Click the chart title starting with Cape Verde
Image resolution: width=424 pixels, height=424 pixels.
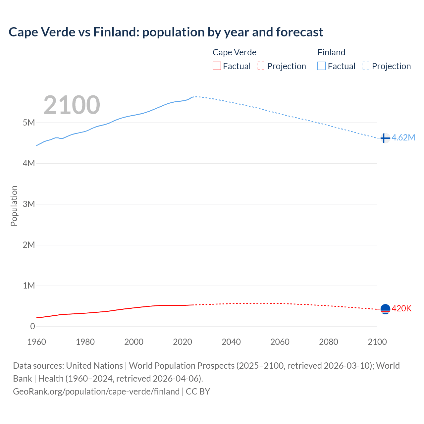pos(166,32)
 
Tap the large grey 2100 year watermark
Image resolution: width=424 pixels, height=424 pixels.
pos(72,105)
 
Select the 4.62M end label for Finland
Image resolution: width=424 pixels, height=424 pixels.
pos(403,137)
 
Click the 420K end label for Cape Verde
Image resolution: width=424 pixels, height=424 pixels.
pos(401,308)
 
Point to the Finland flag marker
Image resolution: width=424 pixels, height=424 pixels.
pos(385,138)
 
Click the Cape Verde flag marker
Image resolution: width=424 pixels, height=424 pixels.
pos(385,309)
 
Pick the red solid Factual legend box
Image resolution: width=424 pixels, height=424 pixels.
pos(217,66)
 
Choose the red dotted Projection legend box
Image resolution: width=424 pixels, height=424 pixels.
pos(261,66)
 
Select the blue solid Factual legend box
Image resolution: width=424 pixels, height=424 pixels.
pos(322,66)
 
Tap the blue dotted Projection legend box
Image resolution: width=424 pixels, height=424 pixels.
pos(366,66)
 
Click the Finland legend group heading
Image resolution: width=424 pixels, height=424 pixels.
pos(331,52)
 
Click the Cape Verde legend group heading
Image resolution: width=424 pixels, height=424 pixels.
pos(234,52)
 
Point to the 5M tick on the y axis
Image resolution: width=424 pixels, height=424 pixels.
pos(29,123)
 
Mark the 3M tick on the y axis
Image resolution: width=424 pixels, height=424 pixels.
pos(29,204)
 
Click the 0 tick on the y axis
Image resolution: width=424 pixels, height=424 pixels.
pos(32,326)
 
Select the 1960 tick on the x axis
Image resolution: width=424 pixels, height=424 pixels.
pos(36,342)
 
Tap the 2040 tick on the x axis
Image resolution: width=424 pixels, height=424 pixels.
pos(231,342)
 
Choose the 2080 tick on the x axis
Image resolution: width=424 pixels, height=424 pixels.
pos(329,342)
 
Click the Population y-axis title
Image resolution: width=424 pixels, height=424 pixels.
pos(14,206)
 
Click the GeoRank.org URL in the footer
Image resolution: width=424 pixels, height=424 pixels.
pos(96,391)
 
